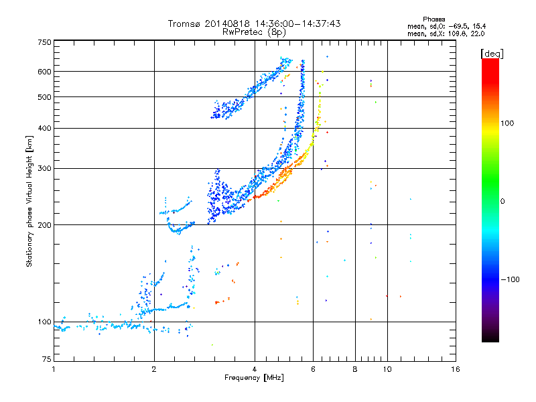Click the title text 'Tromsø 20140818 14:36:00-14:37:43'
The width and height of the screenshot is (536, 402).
pos(254,23)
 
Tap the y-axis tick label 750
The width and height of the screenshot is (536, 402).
pos(44,42)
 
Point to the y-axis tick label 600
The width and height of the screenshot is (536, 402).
pos(44,71)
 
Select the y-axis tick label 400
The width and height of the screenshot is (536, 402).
pos(44,128)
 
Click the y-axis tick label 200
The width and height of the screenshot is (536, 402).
pos(44,224)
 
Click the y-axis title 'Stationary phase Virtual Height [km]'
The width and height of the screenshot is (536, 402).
pos(29,202)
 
